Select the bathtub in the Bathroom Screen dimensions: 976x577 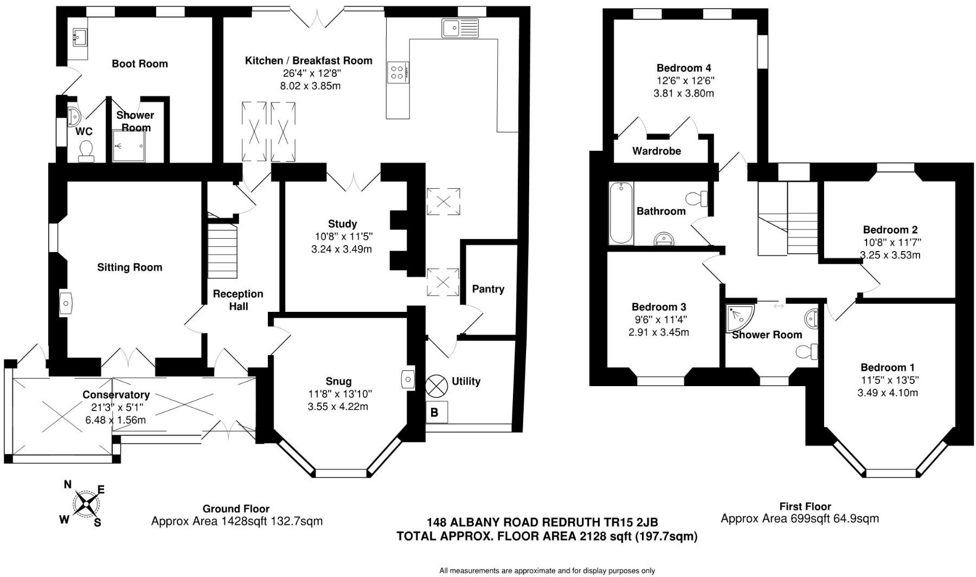click(x=621, y=213)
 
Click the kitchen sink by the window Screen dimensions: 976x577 click(x=460, y=28)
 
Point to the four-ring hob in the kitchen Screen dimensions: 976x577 click(x=397, y=72)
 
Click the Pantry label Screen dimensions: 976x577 click(x=488, y=289)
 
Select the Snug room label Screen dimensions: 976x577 click(x=338, y=382)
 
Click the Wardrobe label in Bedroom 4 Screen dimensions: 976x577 click(x=657, y=151)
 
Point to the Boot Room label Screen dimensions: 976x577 click(x=139, y=64)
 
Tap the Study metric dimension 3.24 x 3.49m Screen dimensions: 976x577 click(x=342, y=249)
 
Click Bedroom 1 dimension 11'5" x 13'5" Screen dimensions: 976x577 click(x=890, y=380)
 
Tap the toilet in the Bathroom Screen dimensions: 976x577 click(x=698, y=198)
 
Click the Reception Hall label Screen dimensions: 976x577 click(x=238, y=300)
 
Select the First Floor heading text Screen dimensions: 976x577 click(x=805, y=507)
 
